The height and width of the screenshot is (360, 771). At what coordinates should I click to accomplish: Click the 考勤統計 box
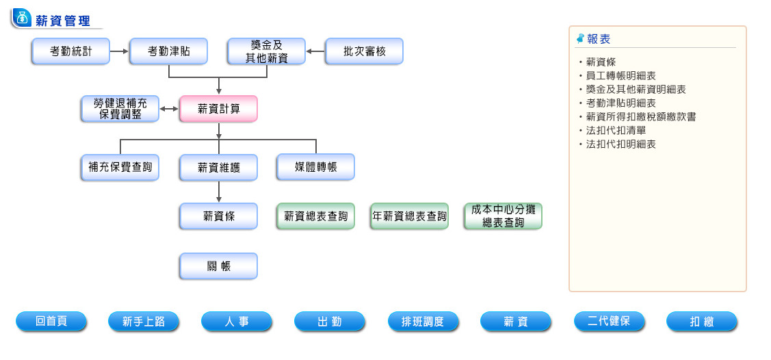click(70, 51)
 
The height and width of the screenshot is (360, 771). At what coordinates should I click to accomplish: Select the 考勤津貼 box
click(168, 51)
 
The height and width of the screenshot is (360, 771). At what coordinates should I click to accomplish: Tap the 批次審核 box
click(364, 51)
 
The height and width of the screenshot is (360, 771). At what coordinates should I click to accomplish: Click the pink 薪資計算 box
click(218, 109)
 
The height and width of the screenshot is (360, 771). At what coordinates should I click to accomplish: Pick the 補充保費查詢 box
click(120, 168)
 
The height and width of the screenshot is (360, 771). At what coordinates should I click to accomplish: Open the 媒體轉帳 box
click(315, 168)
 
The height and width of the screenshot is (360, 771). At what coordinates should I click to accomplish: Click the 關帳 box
click(218, 266)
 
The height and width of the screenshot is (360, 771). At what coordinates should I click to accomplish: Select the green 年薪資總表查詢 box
click(409, 216)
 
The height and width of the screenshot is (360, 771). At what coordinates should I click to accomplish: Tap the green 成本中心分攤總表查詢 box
click(503, 216)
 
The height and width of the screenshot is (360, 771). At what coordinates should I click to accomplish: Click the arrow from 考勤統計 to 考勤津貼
click(120, 51)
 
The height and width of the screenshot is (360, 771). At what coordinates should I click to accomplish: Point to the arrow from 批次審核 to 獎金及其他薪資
click(315, 51)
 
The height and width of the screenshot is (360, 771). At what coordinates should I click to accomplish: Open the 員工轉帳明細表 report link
click(620, 76)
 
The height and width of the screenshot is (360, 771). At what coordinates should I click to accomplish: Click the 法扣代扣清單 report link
click(616, 131)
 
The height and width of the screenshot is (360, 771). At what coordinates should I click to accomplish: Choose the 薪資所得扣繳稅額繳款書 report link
click(640, 117)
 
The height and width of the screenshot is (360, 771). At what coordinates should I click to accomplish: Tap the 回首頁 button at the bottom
click(51, 322)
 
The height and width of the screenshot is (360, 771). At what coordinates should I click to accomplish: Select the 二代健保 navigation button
click(609, 322)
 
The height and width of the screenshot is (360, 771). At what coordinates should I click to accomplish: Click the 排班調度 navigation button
click(423, 322)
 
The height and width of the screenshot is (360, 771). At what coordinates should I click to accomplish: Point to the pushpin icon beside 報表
click(581, 38)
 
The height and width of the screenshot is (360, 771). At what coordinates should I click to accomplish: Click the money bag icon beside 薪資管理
click(23, 18)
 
